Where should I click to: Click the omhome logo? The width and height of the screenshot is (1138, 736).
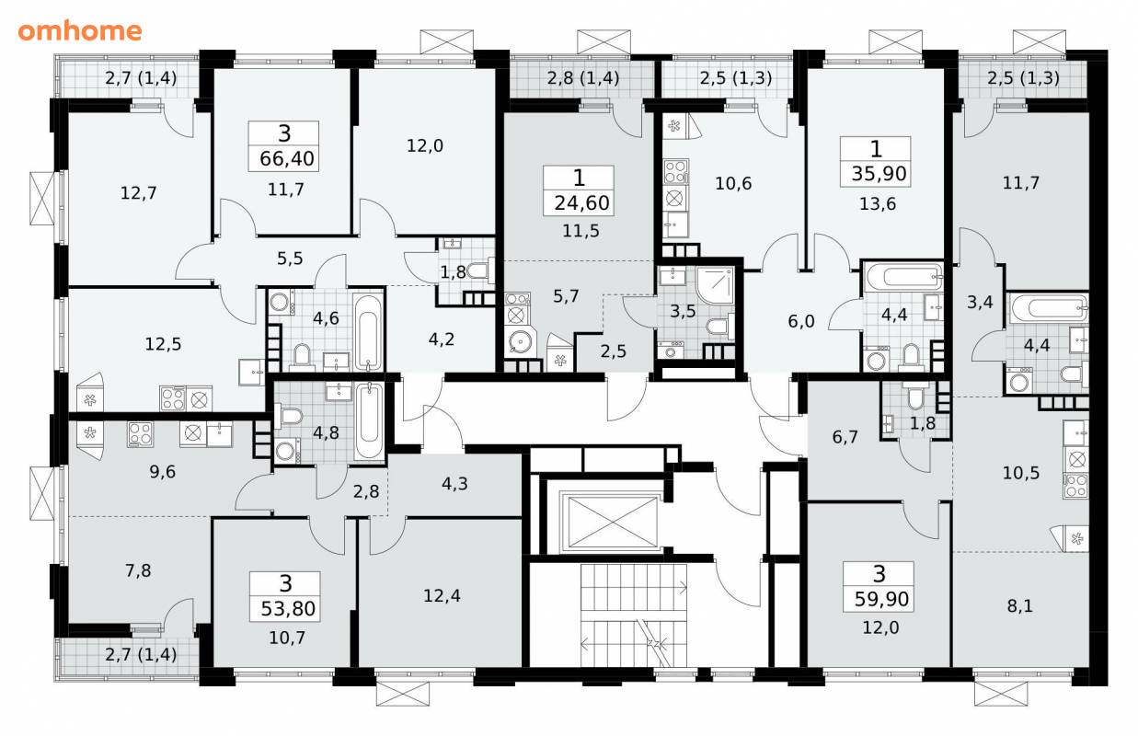pyautogui.click(x=80, y=31)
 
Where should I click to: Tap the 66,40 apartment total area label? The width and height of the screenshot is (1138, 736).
pyautogui.click(x=287, y=158)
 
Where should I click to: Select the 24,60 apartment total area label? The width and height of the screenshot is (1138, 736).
pyautogui.click(x=581, y=202)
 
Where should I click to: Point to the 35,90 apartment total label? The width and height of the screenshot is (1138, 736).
pyautogui.click(x=879, y=174)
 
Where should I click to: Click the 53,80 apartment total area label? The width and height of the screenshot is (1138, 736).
pyautogui.click(x=288, y=608)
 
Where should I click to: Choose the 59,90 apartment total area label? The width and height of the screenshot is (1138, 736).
pyautogui.click(x=881, y=599)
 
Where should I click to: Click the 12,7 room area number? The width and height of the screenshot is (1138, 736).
pyautogui.click(x=138, y=193)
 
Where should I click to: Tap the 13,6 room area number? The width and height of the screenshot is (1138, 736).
pyautogui.click(x=878, y=203)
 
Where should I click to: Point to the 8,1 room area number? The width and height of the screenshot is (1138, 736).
pyautogui.click(x=1019, y=606)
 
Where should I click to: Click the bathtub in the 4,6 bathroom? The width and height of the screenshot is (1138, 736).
pyautogui.click(x=367, y=332)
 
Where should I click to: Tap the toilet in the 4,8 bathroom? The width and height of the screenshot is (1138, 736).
pyautogui.click(x=290, y=415)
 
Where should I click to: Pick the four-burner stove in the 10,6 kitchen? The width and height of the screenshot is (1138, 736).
pyautogui.click(x=675, y=171)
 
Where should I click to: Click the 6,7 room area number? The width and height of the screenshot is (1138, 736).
pyautogui.click(x=845, y=437)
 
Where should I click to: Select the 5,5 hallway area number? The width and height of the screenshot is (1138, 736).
pyautogui.click(x=290, y=259)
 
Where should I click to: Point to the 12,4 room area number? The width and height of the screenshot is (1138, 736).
pyautogui.click(x=442, y=595)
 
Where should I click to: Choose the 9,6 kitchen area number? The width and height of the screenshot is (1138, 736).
pyautogui.click(x=162, y=472)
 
